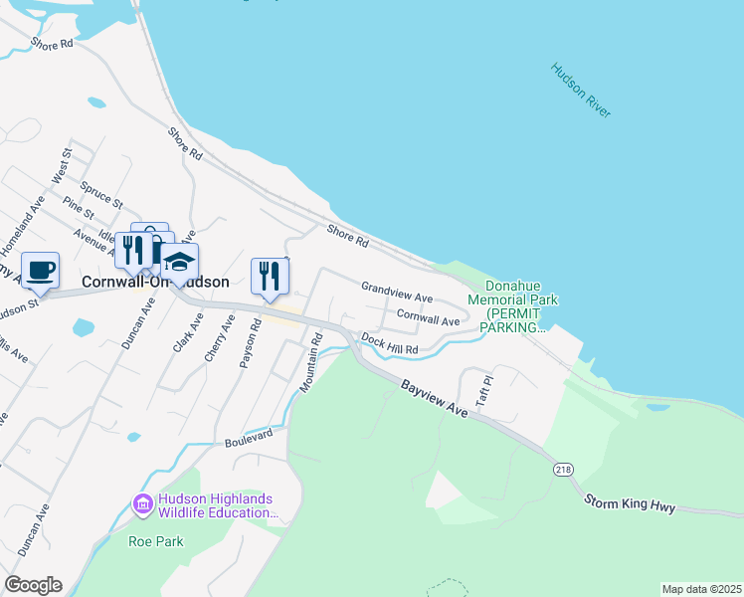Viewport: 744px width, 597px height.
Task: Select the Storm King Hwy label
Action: coord(629,504)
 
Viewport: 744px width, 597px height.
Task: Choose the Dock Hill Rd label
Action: coord(390,344)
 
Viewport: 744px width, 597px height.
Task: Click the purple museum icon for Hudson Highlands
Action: coord(143,505)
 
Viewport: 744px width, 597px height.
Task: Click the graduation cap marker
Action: coord(180,263)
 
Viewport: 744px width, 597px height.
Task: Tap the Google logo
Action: coord(33,585)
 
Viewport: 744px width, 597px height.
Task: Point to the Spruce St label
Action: coord(104,189)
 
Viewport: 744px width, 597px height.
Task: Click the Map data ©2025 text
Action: coord(700,589)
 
